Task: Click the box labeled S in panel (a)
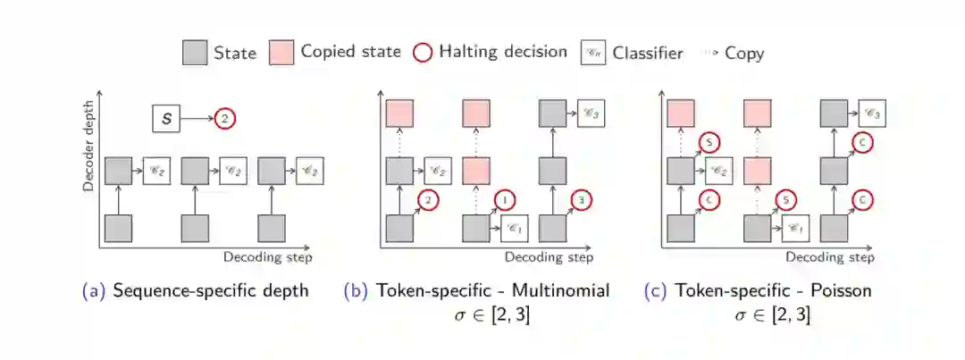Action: coord(165,117)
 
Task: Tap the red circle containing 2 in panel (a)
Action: coord(225,117)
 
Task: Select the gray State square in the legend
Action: coord(195,53)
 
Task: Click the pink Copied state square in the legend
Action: coord(281,53)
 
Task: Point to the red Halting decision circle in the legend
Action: coord(423,53)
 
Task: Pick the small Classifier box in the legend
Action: coord(592,53)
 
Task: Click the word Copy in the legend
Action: coord(744,53)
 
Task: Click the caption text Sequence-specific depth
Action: coord(211,290)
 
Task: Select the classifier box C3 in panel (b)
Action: coord(591,113)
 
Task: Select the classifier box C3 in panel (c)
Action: coord(872,113)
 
